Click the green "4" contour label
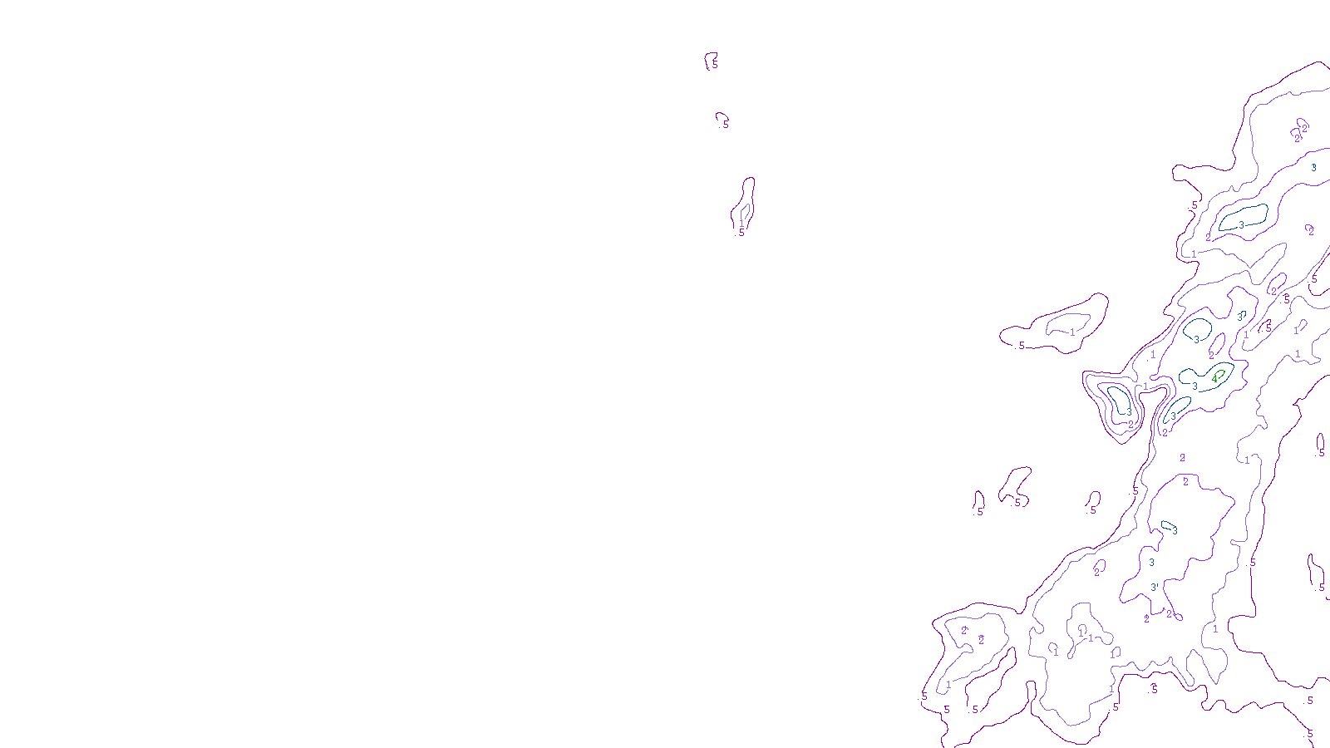[x=1214, y=378]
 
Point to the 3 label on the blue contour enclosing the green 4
[x=1195, y=386]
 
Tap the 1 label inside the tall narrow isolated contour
[x=741, y=224]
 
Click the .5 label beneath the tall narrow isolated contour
[x=741, y=233]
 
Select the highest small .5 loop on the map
[x=712, y=61]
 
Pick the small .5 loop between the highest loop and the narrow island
[x=722, y=119]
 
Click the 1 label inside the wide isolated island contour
[x=1072, y=332]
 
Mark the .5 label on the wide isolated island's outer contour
[x=1021, y=346]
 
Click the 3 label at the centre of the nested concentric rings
[x=1128, y=411]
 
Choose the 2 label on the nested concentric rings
[x=1130, y=424]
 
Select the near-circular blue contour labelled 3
[x=1198, y=327]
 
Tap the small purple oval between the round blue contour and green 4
[x=1216, y=344]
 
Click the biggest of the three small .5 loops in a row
[x=1015, y=485]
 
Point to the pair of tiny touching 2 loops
[x=1299, y=130]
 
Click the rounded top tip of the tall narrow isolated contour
[x=750, y=179]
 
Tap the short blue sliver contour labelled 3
[x=1169, y=526]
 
